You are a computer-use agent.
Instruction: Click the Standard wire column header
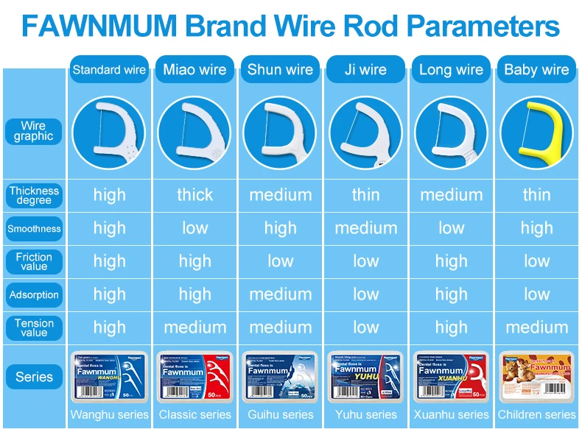pos(109,70)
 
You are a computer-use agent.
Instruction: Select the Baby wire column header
pos(536,70)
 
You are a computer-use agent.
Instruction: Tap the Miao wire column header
pos(194,70)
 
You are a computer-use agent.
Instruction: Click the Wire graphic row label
pos(34,131)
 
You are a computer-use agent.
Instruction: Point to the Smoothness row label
pos(34,228)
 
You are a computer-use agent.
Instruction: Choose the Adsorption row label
pos(34,294)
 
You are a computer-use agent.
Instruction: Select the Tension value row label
pos(34,327)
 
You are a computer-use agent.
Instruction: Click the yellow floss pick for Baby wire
pos(537,132)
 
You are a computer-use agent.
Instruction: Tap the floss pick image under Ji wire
pos(366,133)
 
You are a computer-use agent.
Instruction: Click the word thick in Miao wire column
pos(194,195)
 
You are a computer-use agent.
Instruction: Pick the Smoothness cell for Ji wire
pos(366,228)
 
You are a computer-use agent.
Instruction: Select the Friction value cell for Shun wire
pos(281,261)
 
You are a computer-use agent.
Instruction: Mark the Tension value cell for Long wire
pos(452,327)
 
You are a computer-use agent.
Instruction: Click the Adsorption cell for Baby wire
pos(537,294)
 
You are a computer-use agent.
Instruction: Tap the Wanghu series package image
pos(109,376)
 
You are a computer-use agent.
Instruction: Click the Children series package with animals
pos(537,376)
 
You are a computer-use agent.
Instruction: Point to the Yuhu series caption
pos(366,415)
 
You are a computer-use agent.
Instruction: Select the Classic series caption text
pos(194,415)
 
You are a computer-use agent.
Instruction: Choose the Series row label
pos(34,377)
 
